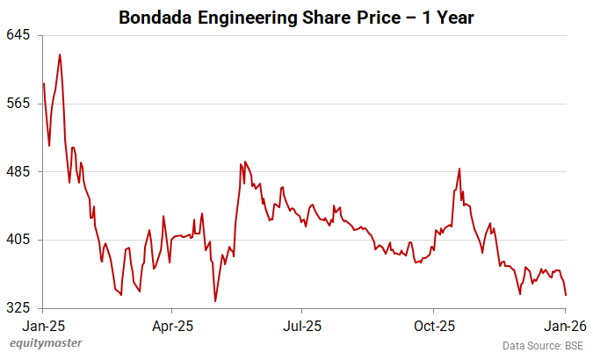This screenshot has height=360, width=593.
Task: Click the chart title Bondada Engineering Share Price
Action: click(296, 18)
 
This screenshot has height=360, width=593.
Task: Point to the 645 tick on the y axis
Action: click(19, 35)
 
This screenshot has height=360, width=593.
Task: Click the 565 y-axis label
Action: click(19, 104)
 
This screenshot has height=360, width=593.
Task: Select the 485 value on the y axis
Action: click(19, 172)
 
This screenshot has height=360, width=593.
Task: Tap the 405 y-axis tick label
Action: click(19, 240)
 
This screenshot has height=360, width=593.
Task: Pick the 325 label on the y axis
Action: click(19, 308)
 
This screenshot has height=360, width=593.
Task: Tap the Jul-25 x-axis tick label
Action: click(301, 325)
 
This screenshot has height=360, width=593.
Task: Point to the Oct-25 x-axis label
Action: click(433, 325)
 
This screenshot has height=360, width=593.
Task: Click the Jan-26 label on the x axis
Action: click(564, 325)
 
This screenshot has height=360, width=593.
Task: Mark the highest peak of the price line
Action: click(60, 54)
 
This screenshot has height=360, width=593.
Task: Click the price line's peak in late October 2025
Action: click(459, 169)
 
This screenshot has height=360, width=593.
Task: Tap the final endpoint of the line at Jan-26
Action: click(565, 295)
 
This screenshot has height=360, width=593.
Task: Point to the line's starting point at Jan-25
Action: click(43, 83)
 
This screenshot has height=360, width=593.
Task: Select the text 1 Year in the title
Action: click(452, 18)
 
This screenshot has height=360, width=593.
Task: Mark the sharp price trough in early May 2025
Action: click(215, 301)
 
